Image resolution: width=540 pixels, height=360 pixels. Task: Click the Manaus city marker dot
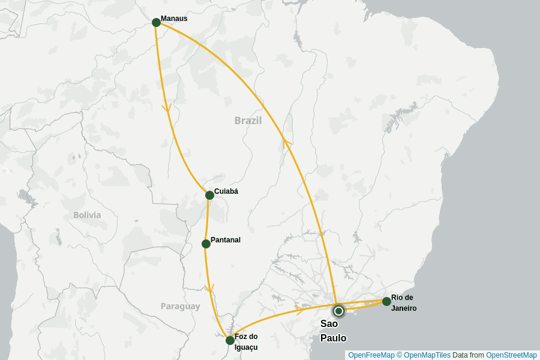pyautogui.click(x=156, y=22)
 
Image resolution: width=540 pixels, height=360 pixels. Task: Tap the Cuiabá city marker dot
pyautogui.click(x=209, y=195)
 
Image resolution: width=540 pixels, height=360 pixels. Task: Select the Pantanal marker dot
pyautogui.click(x=206, y=244)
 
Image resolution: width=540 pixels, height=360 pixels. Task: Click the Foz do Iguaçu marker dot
pyautogui.click(x=230, y=340)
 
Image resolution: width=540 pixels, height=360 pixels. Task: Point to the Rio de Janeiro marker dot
pyautogui.click(x=386, y=301)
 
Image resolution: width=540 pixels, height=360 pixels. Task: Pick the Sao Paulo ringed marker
pyautogui.click(x=338, y=311)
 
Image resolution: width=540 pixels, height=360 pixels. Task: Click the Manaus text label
pyautogui.click(x=174, y=19)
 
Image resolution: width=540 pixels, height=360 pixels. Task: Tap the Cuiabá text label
pyautogui.click(x=226, y=191)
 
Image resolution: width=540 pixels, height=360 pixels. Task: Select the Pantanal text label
pyautogui.click(x=226, y=240)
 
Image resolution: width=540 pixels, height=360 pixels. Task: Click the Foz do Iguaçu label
pyautogui.click(x=246, y=342)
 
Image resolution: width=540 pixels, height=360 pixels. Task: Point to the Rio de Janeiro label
pyautogui.click(x=404, y=303)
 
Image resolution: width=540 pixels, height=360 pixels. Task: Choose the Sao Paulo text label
pyautogui.click(x=333, y=331)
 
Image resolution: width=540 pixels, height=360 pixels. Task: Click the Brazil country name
pyautogui.click(x=248, y=121)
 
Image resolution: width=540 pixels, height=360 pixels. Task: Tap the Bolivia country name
pyautogui.click(x=87, y=215)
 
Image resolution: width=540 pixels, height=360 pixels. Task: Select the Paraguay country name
pyautogui.click(x=180, y=307)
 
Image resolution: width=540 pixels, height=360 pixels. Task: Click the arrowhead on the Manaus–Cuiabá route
pyautogui.click(x=166, y=109)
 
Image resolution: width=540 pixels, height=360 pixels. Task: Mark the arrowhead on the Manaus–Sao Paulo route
pyautogui.click(x=287, y=143)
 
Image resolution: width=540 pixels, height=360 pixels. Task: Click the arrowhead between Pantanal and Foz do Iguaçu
pyautogui.click(x=209, y=289)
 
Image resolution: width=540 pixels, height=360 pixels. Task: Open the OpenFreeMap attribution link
pyautogui.click(x=371, y=355)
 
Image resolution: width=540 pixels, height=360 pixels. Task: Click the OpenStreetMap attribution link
pyautogui.click(x=511, y=355)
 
